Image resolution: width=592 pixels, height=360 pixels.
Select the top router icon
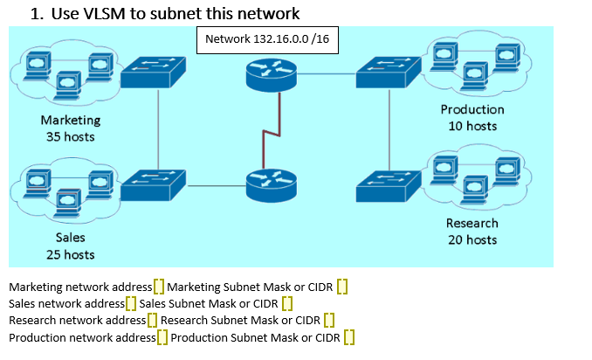[x=271, y=77]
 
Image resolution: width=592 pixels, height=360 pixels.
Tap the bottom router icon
[x=271, y=184]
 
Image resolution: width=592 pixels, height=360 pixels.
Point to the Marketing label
[x=71, y=120]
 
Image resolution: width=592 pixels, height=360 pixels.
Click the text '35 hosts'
[x=71, y=136]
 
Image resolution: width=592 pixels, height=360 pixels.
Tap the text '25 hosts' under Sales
[x=71, y=254]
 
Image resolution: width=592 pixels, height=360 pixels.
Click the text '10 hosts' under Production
[x=472, y=126]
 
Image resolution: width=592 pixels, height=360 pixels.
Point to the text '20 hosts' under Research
[x=472, y=239]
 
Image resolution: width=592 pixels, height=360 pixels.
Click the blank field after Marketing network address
[x=158, y=287]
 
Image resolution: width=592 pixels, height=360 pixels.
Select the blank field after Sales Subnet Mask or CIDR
[x=286, y=303]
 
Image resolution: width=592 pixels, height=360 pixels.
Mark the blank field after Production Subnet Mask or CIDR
[x=348, y=337]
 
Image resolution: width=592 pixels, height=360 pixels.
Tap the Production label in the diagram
[x=472, y=109]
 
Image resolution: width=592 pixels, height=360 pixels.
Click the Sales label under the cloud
[x=71, y=238]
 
